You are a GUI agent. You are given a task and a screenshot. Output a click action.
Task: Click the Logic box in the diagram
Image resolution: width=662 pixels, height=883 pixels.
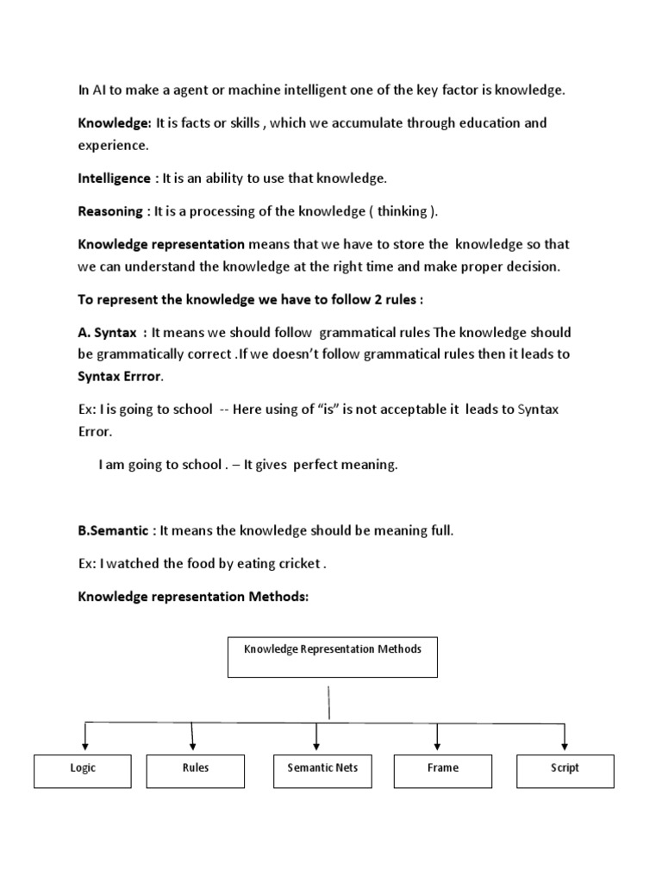click(x=83, y=770)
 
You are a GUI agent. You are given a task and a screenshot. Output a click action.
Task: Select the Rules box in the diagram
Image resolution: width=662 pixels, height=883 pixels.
click(x=196, y=770)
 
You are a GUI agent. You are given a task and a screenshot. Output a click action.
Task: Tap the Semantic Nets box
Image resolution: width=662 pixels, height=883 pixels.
click(x=316, y=770)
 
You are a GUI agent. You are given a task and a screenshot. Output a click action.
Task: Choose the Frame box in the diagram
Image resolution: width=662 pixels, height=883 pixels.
click(x=442, y=770)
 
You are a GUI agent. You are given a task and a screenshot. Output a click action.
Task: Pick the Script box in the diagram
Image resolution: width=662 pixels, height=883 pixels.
click(x=565, y=770)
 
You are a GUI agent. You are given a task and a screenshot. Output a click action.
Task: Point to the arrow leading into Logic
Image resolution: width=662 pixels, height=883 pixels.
click(x=84, y=736)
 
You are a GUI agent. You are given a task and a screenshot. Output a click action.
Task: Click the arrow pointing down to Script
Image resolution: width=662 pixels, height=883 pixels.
click(x=565, y=736)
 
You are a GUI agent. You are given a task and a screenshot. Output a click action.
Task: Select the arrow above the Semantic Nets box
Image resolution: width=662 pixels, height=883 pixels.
click(x=317, y=736)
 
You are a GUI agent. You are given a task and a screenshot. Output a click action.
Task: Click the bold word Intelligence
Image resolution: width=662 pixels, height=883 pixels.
click(x=114, y=178)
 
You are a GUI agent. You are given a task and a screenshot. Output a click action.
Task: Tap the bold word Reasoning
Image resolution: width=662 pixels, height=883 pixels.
click(x=109, y=212)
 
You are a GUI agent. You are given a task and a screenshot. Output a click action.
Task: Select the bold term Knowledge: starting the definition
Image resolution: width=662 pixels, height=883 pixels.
click(x=115, y=123)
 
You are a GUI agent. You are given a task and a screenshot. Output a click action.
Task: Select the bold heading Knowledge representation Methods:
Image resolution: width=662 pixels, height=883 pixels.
click(x=193, y=597)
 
